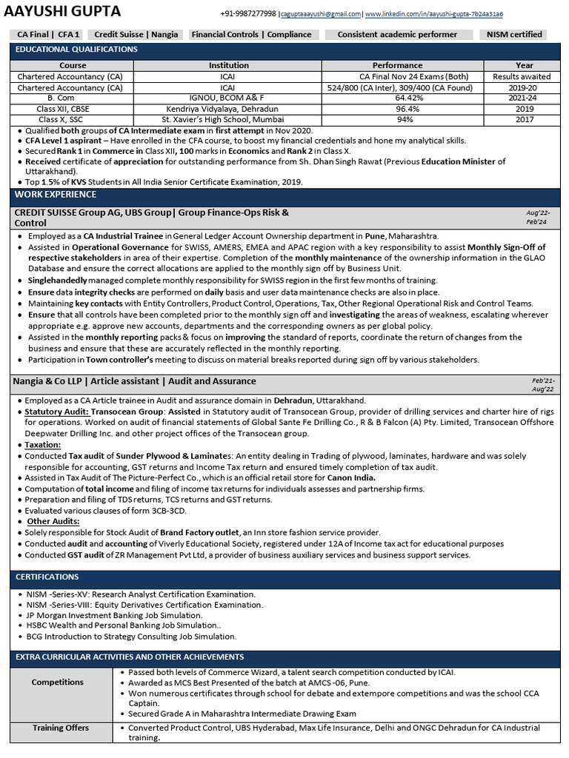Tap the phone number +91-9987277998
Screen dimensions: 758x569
248,14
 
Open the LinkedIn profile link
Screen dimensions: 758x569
434,14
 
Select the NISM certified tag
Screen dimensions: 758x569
514,34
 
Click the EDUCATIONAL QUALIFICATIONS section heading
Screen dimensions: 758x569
76,50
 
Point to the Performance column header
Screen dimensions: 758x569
397,65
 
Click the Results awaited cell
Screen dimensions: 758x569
522,76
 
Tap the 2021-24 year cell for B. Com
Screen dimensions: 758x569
522,98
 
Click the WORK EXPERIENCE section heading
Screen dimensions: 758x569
55,195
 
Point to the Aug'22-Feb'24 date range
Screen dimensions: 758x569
536,217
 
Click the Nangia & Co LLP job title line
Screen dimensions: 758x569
134,381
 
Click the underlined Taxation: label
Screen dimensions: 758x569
43,445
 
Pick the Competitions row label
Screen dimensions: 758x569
58,682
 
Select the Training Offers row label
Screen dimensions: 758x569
61,728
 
